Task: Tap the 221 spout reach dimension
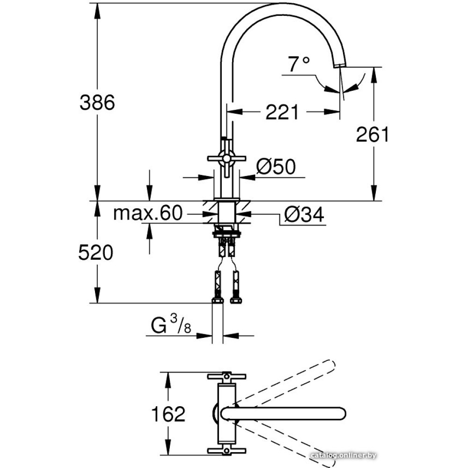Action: coord(282,112)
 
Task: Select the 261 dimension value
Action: coord(373,135)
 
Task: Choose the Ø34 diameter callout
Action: coord(304,215)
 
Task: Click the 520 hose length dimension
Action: coord(95,253)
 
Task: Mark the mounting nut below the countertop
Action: coord(227,230)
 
